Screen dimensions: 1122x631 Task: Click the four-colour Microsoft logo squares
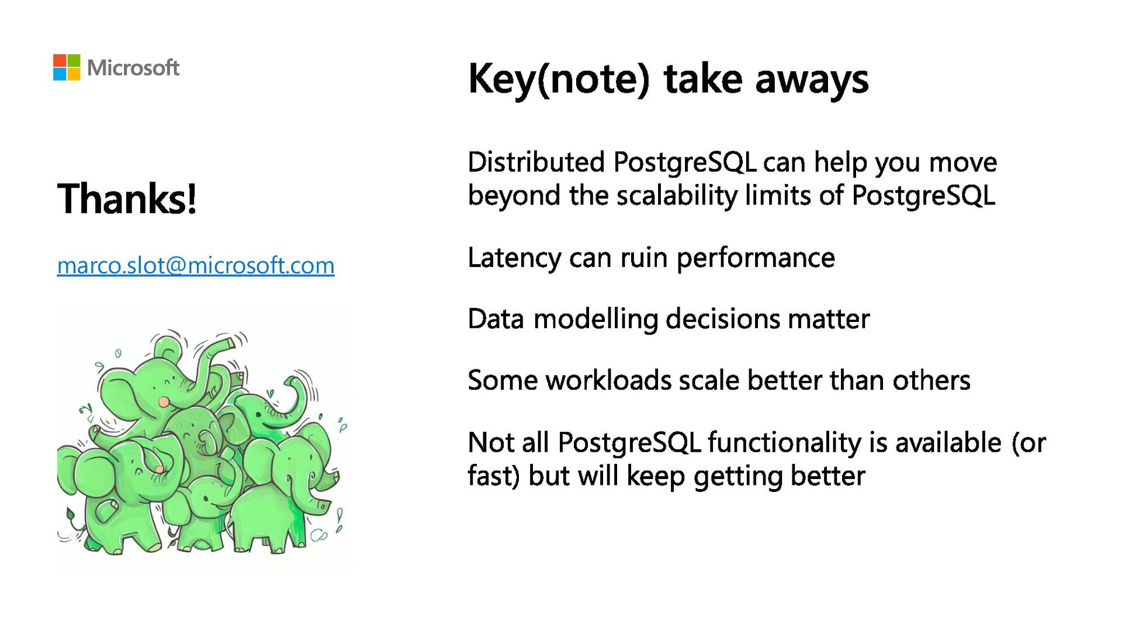coord(67,67)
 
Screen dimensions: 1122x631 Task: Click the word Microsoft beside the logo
coord(133,68)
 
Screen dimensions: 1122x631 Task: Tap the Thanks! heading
coord(127,198)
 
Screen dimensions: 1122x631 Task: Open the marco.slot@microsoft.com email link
coord(196,266)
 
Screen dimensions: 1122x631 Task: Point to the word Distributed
coord(536,162)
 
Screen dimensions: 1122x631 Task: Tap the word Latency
coord(515,258)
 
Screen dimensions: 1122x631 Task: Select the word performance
coord(756,258)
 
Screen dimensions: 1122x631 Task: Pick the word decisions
coord(723,319)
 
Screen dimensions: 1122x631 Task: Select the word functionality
coord(785,443)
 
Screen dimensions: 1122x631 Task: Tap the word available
coord(948,442)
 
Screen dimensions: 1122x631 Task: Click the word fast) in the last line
coord(494,476)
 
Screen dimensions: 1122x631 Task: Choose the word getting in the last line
coord(737,477)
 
